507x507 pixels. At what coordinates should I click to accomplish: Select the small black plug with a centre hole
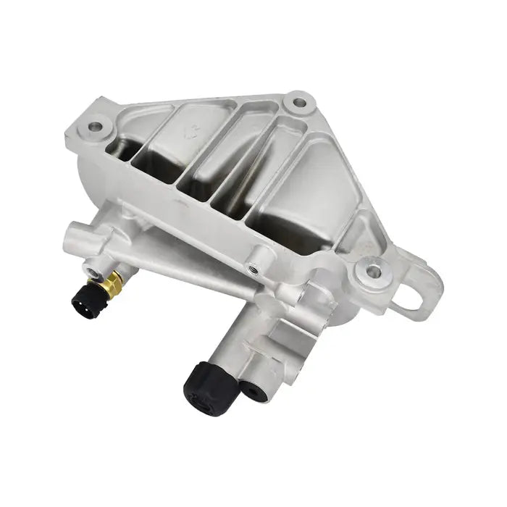coord(253,392)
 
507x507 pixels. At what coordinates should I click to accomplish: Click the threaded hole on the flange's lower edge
coord(253,269)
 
